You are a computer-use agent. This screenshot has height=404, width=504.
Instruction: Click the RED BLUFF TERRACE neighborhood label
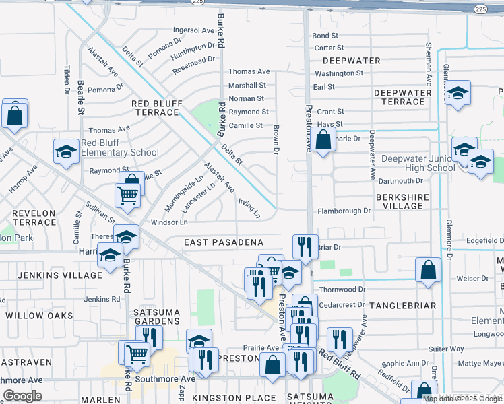(156, 108)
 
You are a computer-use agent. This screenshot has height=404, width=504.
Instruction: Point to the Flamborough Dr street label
(344, 211)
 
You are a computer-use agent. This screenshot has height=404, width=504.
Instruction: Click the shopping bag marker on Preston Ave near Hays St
(323, 140)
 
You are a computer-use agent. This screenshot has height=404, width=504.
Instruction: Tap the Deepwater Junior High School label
(418, 163)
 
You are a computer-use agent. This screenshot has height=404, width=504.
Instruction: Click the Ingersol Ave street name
(193, 30)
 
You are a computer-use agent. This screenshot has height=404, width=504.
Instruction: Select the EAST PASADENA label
(223, 242)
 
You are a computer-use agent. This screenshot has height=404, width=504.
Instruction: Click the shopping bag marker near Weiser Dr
(428, 271)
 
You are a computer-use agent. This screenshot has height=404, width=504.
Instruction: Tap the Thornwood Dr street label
(342, 289)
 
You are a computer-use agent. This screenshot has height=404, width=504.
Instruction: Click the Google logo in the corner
(22, 396)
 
